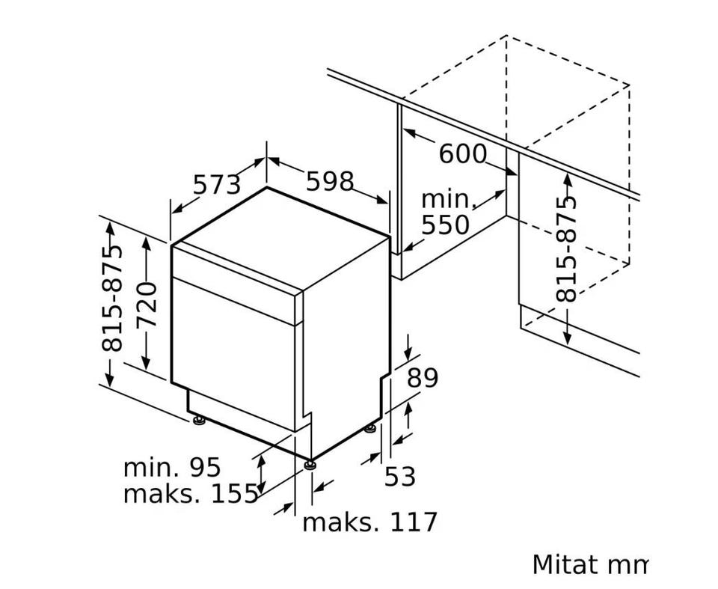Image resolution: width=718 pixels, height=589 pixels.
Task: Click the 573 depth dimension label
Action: [217, 185]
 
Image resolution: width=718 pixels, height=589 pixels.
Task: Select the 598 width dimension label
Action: [330, 181]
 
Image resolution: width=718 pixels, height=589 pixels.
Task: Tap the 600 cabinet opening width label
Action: [462, 153]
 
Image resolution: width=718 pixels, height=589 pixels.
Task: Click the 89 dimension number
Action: [423, 378]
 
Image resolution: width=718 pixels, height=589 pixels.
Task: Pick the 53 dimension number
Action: [399, 476]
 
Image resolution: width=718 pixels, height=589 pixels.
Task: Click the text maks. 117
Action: [369, 522]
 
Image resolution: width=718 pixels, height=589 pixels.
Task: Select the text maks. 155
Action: [191, 494]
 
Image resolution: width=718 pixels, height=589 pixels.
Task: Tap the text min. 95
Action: [172, 467]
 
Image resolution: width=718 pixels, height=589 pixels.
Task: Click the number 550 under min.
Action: [445, 225]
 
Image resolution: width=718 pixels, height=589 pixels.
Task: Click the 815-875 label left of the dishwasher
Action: [113, 299]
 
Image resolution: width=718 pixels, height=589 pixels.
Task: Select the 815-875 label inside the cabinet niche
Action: [566, 249]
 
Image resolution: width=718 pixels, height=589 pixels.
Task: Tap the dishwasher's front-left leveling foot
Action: [199, 419]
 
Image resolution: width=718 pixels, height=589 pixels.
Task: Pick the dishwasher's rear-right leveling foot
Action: [370, 429]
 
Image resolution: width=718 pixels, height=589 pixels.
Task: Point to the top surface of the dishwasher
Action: [281, 238]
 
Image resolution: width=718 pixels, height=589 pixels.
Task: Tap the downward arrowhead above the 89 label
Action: [408, 353]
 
